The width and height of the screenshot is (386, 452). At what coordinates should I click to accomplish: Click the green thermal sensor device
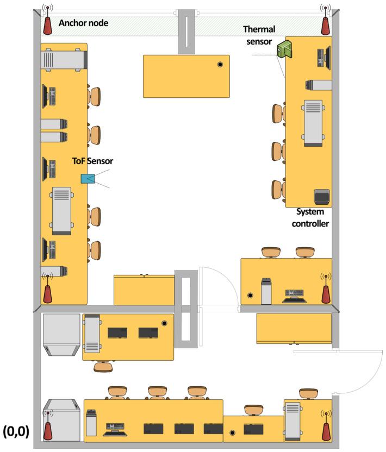[x=284, y=49]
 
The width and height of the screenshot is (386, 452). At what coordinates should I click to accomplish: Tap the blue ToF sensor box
[x=88, y=179]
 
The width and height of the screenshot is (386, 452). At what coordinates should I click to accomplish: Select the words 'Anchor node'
[x=83, y=23]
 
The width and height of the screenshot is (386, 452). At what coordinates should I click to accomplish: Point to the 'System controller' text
[x=310, y=218]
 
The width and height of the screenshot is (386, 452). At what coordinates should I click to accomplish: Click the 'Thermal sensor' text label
[x=259, y=35]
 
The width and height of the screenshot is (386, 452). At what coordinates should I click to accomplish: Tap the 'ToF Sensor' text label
[x=92, y=161]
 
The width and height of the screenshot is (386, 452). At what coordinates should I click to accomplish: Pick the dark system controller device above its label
[x=322, y=197]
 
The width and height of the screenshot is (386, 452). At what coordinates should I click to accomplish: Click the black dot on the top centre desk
[x=220, y=64]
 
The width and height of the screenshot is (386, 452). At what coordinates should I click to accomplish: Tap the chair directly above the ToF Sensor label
[x=94, y=135]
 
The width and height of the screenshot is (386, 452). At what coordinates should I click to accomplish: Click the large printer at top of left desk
[x=64, y=60]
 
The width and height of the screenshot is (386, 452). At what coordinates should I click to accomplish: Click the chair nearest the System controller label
[x=278, y=190]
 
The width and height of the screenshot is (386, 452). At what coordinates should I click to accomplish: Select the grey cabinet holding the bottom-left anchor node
[x=62, y=420]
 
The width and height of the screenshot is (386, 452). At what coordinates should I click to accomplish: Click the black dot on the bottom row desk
[x=233, y=432]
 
